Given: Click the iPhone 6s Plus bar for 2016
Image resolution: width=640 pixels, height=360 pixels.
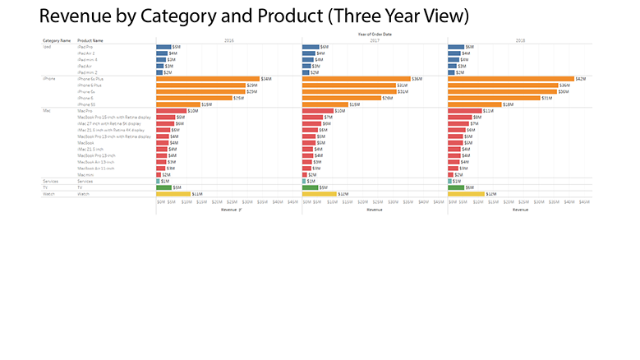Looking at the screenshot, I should pyautogui.click(x=207, y=79).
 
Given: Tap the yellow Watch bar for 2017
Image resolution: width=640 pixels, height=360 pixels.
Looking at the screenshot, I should pyautogui.click(x=319, y=194).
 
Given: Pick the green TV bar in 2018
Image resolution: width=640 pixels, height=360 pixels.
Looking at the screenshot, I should pyautogui.click(x=456, y=187).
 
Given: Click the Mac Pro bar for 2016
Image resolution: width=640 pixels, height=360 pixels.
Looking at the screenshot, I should pyautogui.click(x=172, y=111).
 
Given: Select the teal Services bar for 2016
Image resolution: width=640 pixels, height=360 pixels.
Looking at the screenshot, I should pyautogui.click(x=158, y=181).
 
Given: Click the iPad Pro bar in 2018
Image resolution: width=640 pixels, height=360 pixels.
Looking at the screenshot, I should pyautogui.click(x=456, y=47).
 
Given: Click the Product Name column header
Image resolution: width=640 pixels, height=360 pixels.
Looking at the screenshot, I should pyautogui.click(x=90, y=39).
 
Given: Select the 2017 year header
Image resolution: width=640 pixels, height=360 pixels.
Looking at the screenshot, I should pyautogui.click(x=375, y=39).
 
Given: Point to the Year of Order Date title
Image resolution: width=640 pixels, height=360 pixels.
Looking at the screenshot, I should pyautogui.click(x=375, y=34).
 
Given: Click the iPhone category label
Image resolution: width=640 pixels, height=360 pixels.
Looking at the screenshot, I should pyautogui.click(x=48, y=79).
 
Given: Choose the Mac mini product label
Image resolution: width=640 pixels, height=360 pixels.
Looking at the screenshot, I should pyautogui.click(x=85, y=174).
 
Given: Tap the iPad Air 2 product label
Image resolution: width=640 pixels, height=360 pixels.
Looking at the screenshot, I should pyautogui.click(x=87, y=53).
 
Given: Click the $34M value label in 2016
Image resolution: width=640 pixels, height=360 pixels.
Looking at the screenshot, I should pyautogui.click(x=266, y=79).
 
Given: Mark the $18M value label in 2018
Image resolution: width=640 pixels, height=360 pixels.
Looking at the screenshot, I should pyautogui.click(x=508, y=104).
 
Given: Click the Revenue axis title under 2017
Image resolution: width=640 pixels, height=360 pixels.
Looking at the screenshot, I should pyautogui.click(x=375, y=210).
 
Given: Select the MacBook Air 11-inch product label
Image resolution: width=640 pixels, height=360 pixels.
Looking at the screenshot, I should pyautogui.click(x=94, y=168).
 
